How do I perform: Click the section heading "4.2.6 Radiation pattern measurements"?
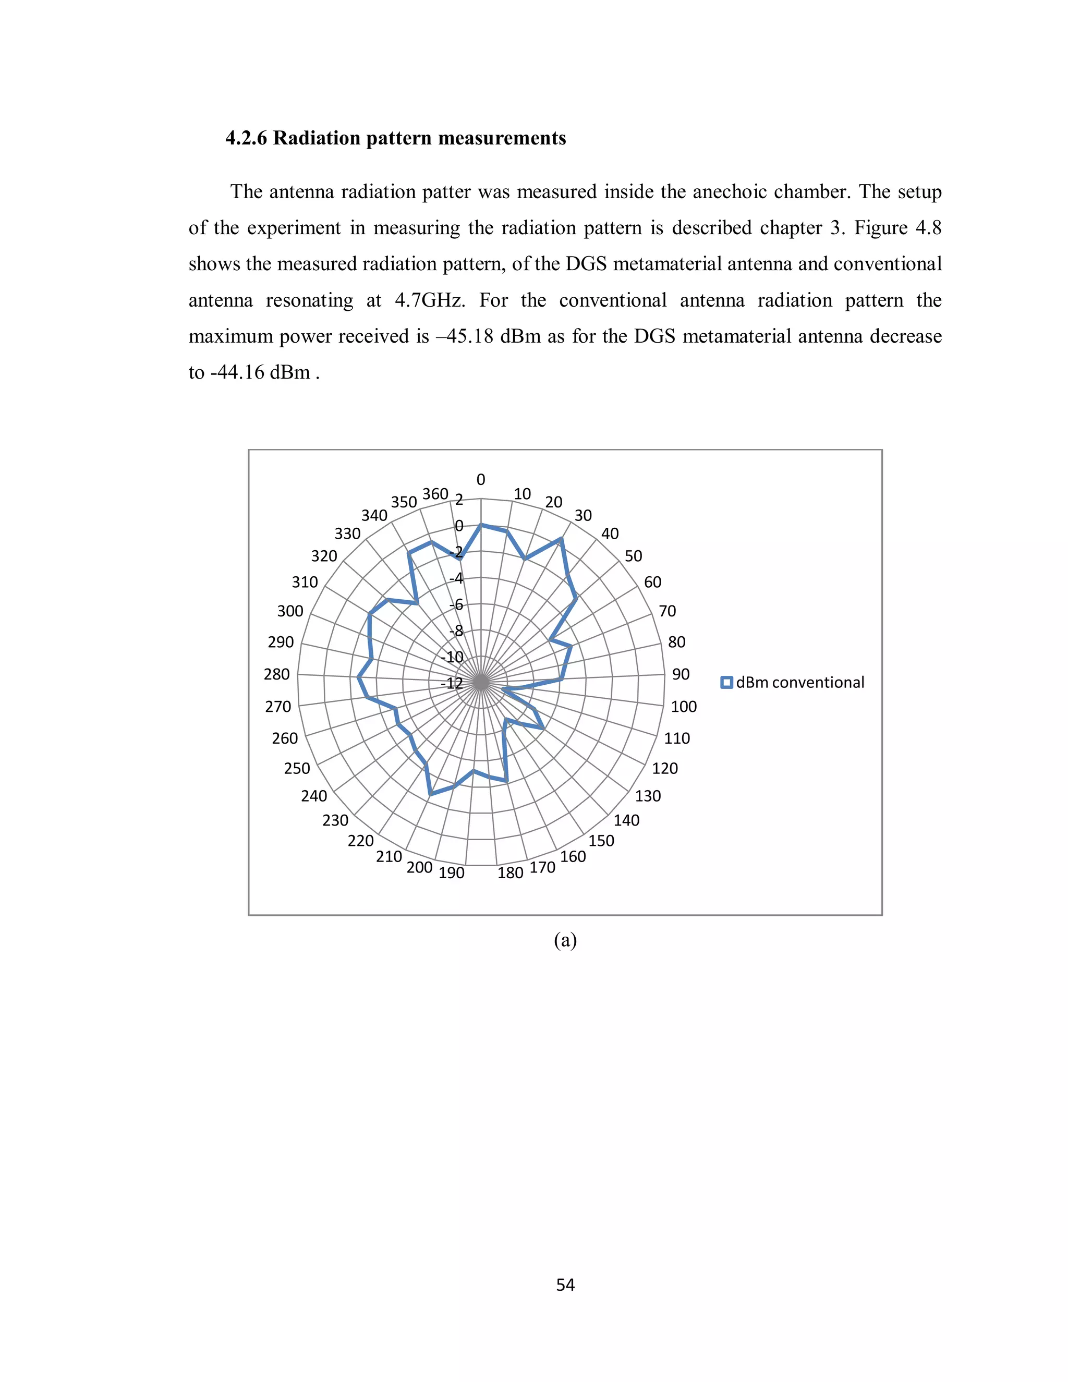(395, 138)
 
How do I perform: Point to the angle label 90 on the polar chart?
(680, 674)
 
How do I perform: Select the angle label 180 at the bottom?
(510, 873)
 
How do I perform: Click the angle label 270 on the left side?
(278, 706)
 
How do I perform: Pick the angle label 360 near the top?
(435, 493)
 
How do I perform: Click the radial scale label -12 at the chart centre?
(452, 683)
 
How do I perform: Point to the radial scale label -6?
(456, 605)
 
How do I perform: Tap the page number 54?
(565, 1284)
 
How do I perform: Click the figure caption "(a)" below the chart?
(565, 940)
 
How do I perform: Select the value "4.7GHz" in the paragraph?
(430, 300)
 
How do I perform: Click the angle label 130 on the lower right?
(648, 795)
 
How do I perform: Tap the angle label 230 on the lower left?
(335, 820)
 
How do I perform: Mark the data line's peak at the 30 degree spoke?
(560, 539)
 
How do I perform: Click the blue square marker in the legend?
(727, 682)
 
